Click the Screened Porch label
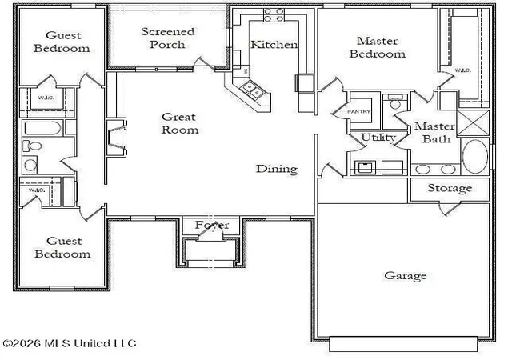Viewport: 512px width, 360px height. pos(168,38)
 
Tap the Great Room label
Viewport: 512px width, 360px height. pos(179,123)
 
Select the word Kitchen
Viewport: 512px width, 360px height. pos(274,45)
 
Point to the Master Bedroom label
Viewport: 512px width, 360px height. pos(377,47)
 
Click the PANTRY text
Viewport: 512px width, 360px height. pos(358,111)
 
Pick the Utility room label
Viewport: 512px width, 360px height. pos(378,138)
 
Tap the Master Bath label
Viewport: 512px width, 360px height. pos(435,133)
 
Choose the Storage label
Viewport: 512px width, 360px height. pos(450,188)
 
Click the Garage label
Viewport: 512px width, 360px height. pos(406,276)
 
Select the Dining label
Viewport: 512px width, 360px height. pos(277,169)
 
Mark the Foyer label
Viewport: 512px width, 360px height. pos(212,225)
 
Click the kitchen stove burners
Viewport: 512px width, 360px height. pos(274,15)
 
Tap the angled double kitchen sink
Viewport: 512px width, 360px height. pos(251,90)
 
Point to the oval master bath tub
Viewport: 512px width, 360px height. pos(475,157)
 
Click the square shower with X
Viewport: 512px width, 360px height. pos(473,123)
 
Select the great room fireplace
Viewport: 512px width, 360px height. pos(117,138)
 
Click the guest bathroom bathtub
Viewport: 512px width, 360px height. pos(42,128)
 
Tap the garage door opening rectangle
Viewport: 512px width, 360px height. pos(403,344)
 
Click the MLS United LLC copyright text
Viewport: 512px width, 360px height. pos(70,343)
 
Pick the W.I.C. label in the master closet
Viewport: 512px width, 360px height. pos(462,70)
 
